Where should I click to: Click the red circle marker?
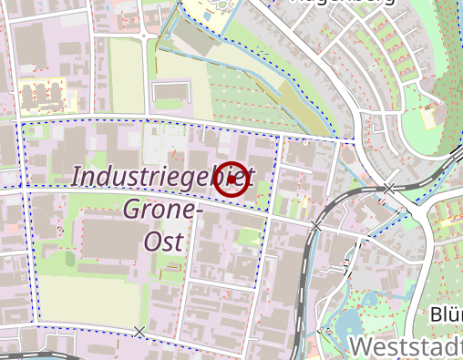click(232, 179)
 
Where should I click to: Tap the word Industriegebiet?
click(162, 176)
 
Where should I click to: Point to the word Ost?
click(164, 242)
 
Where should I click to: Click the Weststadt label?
click(406, 347)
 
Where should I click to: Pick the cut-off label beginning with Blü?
click(446, 314)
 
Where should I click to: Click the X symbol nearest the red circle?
click(316, 225)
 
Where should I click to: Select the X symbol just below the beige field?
click(139, 331)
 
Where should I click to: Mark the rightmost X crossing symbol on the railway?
click(389, 189)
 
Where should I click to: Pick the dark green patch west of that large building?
click(69, 259)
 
